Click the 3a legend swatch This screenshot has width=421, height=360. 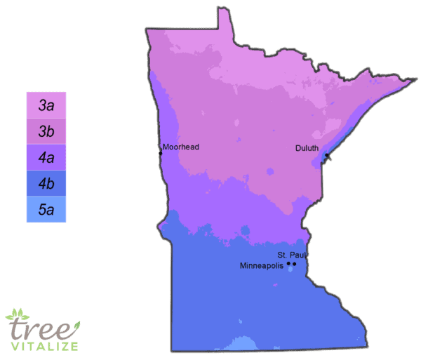[x=46, y=106]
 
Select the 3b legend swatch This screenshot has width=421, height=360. [x=46, y=132]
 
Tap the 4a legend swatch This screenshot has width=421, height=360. [x=46, y=158]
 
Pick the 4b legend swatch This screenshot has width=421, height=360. [x=46, y=183]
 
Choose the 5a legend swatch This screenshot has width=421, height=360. [x=46, y=209]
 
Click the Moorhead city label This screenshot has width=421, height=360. [x=181, y=147]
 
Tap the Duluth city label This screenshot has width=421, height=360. [x=307, y=148]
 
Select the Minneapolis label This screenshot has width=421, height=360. [x=262, y=267]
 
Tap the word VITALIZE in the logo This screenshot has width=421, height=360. [x=44, y=345]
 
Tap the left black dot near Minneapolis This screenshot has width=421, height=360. [x=288, y=264]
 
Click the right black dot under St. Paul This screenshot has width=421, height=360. [x=295, y=264]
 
